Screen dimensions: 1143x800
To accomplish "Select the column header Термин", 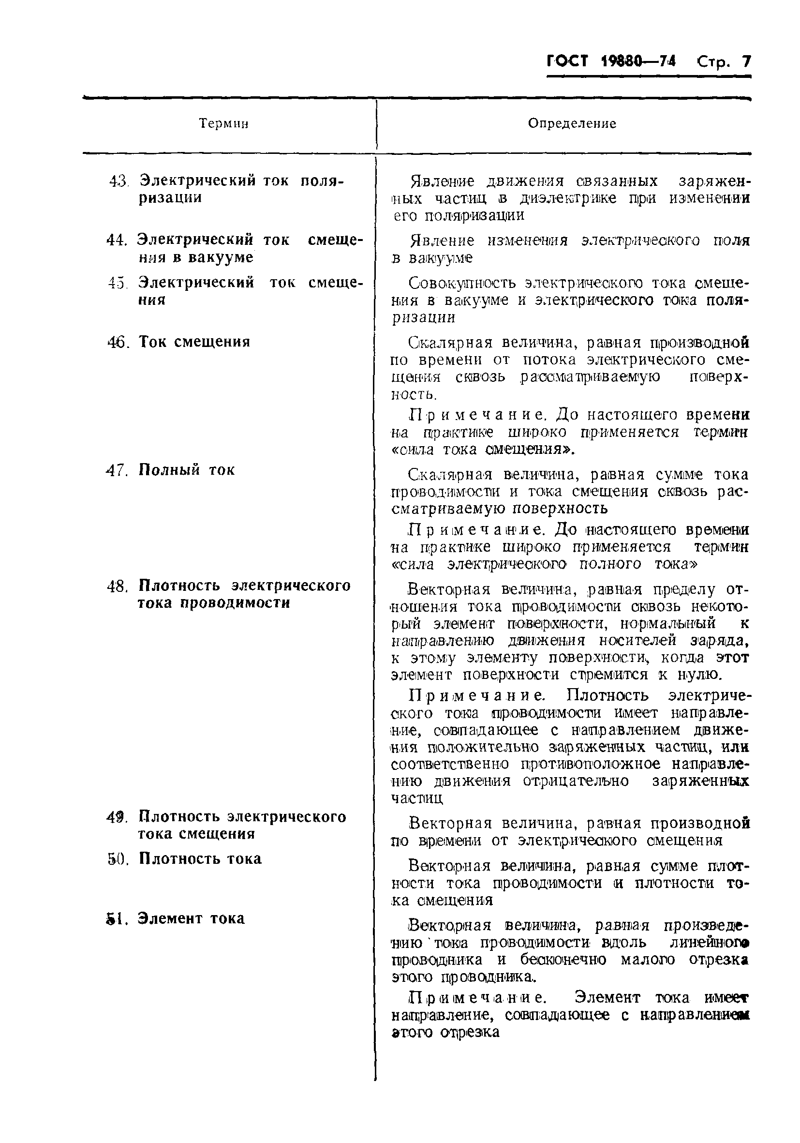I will (224, 123).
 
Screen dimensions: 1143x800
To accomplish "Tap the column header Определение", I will (572, 123).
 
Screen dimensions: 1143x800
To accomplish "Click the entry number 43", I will (119, 180).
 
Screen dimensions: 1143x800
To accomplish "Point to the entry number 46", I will (118, 343).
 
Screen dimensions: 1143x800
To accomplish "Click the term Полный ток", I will (187, 470).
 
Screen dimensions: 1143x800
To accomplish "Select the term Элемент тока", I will (192, 918).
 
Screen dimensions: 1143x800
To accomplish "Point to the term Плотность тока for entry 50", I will (200, 859).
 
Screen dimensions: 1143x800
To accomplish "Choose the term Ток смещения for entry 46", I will (194, 342).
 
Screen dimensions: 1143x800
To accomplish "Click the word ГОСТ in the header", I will (567, 61).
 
